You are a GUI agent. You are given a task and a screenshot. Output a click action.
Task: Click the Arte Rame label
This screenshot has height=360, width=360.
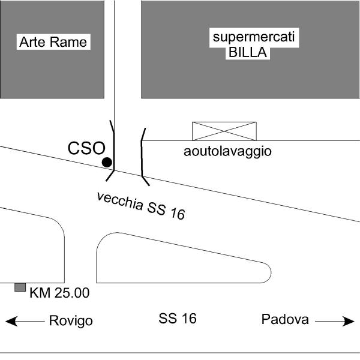(53, 42)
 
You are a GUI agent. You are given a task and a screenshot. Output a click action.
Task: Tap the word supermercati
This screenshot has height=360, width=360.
(254, 37)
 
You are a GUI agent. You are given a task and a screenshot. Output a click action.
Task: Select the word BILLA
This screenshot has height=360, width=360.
(248, 52)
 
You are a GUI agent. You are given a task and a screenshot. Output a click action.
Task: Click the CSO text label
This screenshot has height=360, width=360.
(86, 148)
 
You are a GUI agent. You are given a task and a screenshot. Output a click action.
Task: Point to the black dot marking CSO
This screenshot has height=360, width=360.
(107, 163)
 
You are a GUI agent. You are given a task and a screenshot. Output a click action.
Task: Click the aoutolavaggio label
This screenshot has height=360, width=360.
(227, 152)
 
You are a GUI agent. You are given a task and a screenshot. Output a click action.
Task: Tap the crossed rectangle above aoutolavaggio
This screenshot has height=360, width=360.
(224, 131)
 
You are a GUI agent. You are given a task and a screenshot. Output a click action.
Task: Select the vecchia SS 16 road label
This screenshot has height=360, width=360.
(141, 206)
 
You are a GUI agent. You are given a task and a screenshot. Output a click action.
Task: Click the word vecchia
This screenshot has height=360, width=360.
(120, 201)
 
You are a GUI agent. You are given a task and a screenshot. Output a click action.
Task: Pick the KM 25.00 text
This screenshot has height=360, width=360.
(59, 293)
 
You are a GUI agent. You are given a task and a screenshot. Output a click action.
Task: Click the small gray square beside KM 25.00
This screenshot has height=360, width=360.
(20, 287)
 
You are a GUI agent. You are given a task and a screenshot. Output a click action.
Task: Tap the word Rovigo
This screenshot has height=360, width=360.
(71, 321)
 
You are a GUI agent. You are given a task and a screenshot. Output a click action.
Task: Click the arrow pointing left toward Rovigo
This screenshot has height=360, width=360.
(25, 321)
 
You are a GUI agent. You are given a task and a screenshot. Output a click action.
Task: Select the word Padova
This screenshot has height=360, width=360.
(285, 319)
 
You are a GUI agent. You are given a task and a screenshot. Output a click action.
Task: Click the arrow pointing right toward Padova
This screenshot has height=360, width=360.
(335, 321)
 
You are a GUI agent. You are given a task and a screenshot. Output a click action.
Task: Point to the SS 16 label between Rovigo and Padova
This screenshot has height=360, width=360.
(178, 319)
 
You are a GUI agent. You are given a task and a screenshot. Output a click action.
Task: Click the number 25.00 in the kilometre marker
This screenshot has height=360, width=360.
(72, 293)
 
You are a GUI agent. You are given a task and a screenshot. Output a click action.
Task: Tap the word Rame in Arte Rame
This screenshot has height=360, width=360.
(68, 42)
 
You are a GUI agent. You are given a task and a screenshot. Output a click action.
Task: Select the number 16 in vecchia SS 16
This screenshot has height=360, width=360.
(178, 214)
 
